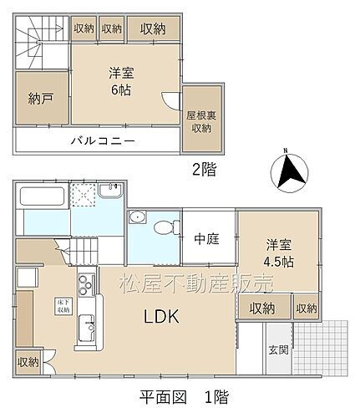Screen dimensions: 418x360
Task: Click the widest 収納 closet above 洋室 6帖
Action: (153, 28)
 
